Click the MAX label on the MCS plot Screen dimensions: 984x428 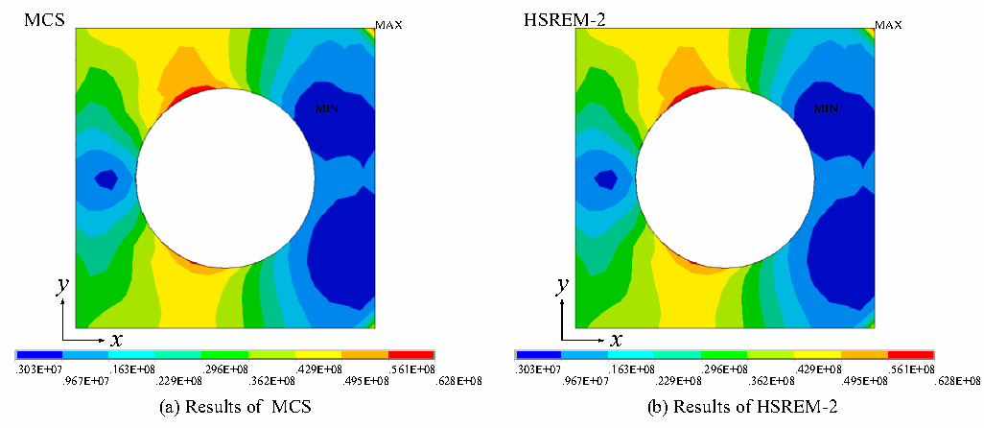[x=388, y=25]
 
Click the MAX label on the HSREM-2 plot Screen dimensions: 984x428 [x=889, y=25]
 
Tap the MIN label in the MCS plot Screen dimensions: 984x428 [x=326, y=108]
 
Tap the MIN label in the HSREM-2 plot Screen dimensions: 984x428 [x=827, y=108]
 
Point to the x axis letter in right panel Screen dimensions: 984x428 [x=617, y=340]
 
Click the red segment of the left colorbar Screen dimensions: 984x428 [x=411, y=355]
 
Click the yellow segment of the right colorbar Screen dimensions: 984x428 [x=818, y=355]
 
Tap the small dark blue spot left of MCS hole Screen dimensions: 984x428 [x=106, y=180]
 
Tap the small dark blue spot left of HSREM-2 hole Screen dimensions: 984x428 [x=606, y=180]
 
